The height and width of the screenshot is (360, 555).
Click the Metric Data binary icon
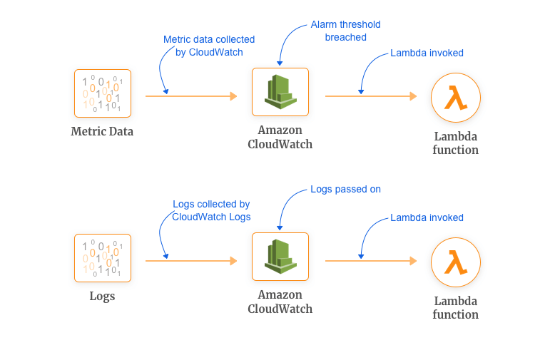(102, 93)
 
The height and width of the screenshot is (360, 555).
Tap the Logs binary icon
(102, 257)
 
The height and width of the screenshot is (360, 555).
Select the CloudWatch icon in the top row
(280, 91)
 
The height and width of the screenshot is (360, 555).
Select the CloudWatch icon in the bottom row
(280, 256)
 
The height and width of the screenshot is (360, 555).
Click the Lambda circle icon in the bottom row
(455, 262)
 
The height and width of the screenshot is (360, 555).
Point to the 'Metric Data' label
(102, 131)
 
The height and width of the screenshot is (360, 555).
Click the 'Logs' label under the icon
(102, 296)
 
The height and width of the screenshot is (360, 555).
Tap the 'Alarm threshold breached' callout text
(345, 31)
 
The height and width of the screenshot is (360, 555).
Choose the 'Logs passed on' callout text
(345, 190)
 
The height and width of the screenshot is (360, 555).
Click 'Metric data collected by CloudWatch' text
(209, 46)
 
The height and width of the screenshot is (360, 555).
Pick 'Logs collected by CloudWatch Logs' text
(211, 210)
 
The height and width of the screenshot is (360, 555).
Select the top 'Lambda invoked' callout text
(427, 53)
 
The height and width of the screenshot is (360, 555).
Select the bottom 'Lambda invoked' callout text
(427, 217)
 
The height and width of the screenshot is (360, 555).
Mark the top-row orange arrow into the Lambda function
(370, 96)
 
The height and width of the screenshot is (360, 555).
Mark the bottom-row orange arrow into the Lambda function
(370, 261)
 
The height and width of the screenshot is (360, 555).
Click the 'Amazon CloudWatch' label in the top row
(280, 137)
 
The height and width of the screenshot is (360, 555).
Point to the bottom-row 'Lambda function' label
(455, 307)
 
